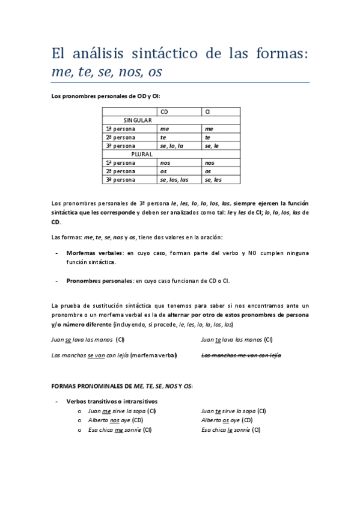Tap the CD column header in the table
coord(164,111)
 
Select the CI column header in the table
coord(207,111)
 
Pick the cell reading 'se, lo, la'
coord(171,146)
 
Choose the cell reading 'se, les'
coord(213,179)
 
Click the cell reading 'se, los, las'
coord(174,179)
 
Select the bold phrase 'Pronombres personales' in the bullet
coord(100,280)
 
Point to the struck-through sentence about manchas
coord(241,355)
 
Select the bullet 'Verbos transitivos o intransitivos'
coord(112,401)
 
